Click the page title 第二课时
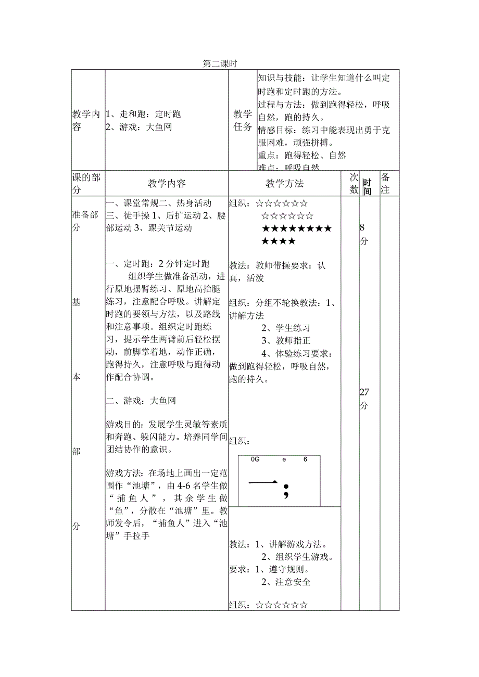220,64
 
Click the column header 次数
354,183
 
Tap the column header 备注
385,183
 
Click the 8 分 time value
363,234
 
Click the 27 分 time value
364,399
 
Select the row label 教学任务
242,120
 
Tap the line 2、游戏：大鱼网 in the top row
138,127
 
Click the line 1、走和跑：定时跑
143,114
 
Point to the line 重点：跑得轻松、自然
302,155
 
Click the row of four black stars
279,241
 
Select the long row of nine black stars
296,228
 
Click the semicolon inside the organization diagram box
285,491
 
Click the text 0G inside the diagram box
255,459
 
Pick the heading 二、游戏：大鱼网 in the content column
141,401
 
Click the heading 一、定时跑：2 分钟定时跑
157,263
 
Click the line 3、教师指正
286,340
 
